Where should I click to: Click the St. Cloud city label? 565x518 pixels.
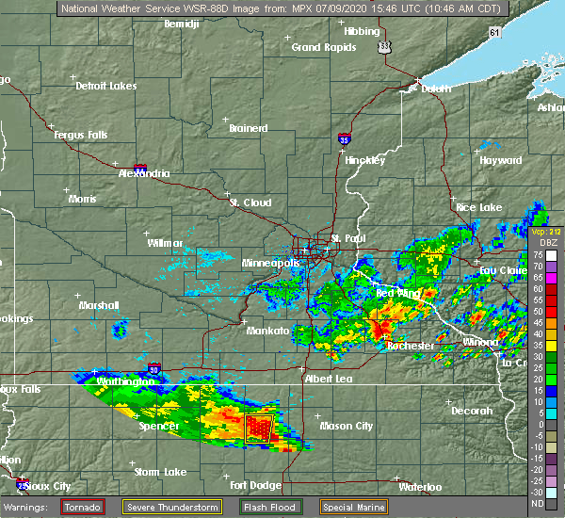[x=250, y=202]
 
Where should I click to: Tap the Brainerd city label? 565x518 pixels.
[x=249, y=128]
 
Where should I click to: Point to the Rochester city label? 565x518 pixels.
[x=412, y=346]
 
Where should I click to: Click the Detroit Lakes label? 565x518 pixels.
[x=106, y=86]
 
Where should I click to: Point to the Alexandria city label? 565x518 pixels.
[x=144, y=173]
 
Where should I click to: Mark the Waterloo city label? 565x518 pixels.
[x=420, y=487]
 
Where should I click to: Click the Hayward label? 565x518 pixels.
[x=501, y=160]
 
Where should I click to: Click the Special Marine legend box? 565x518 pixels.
[x=352, y=507]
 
